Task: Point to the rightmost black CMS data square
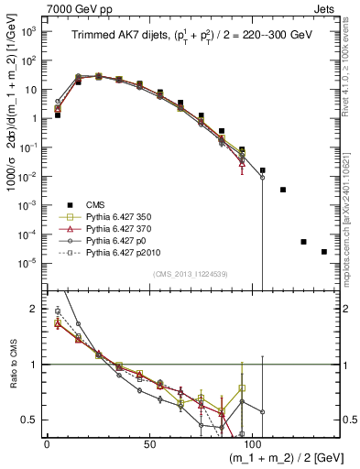(324, 252)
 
